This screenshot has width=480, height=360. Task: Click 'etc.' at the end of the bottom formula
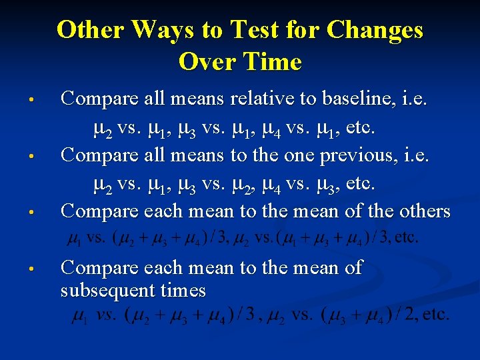pyautogui.click(x=435, y=315)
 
